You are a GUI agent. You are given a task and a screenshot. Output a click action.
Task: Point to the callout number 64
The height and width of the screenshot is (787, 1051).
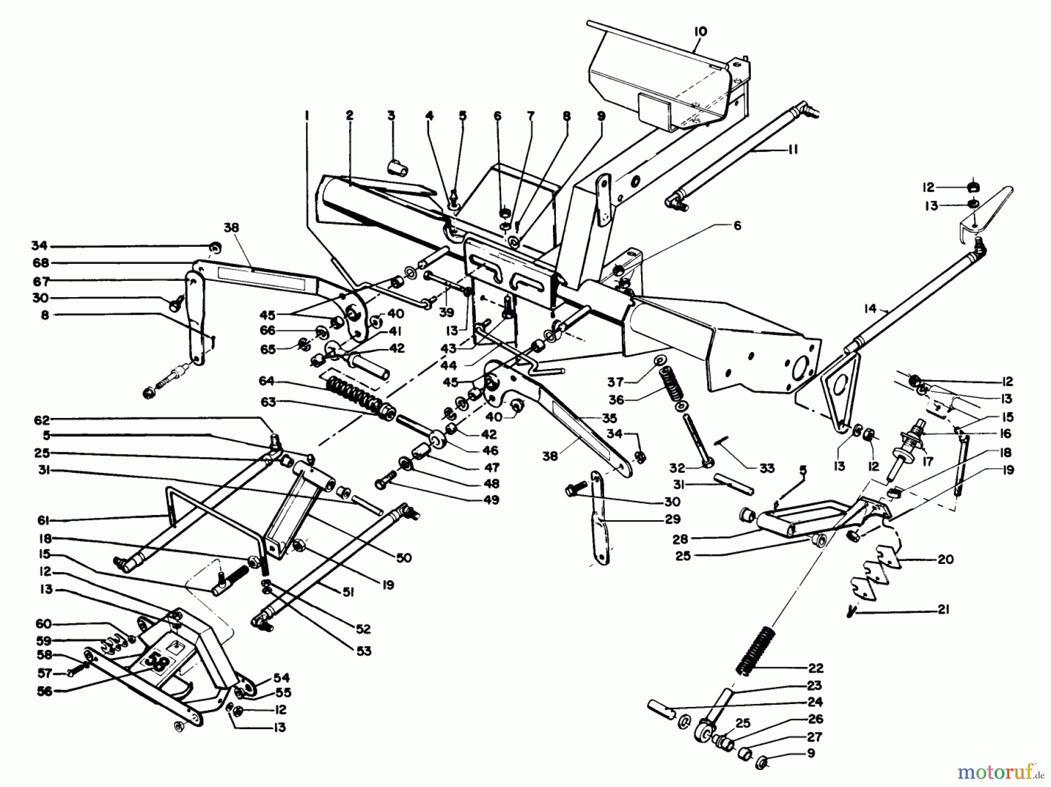pyautogui.click(x=266, y=382)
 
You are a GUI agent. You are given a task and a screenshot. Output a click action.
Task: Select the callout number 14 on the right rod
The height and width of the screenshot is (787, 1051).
pyautogui.click(x=871, y=309)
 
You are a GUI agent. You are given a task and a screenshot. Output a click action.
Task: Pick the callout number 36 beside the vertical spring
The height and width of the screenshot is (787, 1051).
pyautogui.click(x=616, y=400)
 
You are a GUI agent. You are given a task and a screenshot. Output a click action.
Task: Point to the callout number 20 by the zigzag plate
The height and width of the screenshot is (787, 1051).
pyautogui.click(x=945, y=559)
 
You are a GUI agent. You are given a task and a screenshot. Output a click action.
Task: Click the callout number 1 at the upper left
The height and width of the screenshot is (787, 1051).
pyautogui.click(x=307, y=116)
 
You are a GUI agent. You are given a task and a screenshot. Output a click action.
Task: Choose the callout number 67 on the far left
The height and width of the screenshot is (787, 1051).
pyautogui.click(x=41, y=281)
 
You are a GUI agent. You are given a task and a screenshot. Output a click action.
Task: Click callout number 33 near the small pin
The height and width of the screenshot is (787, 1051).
pyautogui.click(x=767, y=468)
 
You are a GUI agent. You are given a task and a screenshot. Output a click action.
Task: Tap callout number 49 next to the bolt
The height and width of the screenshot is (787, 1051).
pyautogui.click(x=491, y=500)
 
